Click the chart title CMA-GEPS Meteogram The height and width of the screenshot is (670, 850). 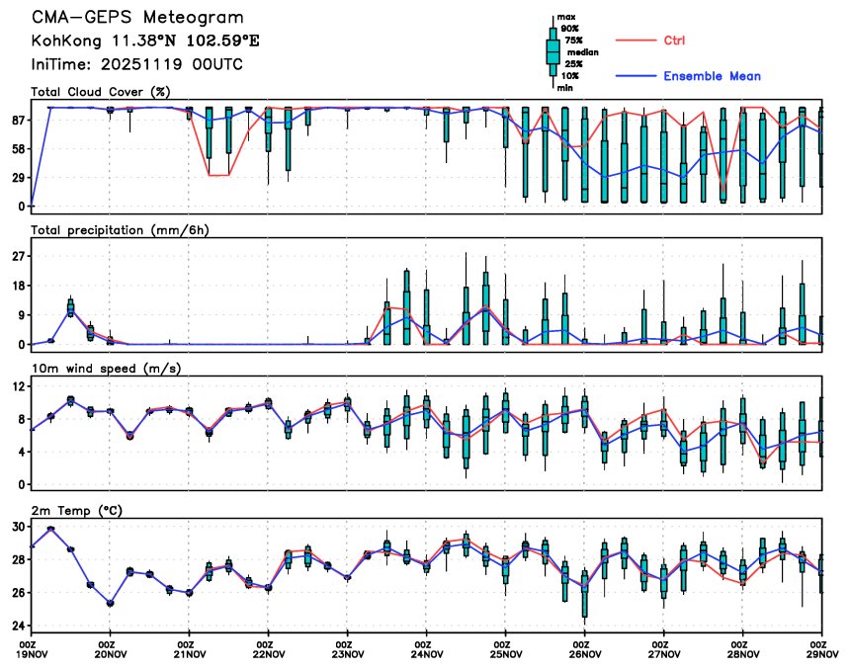coord(136,19)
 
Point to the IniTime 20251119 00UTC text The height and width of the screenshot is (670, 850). coord(136,65)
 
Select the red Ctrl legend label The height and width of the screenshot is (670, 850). coord(674,40)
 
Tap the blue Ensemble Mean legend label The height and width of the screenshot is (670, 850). coord(712,76)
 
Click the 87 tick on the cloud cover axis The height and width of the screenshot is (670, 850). coord(18,120)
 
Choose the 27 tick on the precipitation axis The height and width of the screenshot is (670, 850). coord(18,256)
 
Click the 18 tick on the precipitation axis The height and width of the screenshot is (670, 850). coord(18,286)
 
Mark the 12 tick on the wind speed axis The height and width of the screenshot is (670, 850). coord(18,386)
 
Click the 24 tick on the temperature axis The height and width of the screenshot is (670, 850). coord(18,626)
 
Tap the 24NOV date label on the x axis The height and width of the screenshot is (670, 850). coord(427,653)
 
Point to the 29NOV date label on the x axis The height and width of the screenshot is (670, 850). coord(821,653)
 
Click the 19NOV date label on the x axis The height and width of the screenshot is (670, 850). coord(32,653)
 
